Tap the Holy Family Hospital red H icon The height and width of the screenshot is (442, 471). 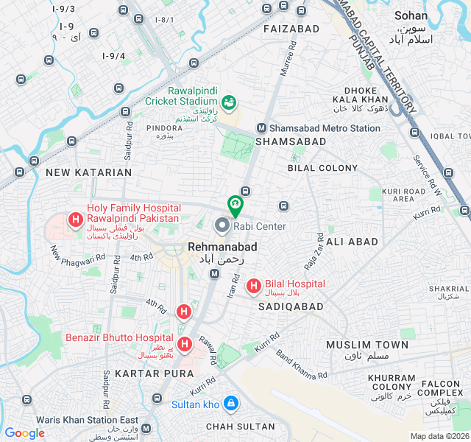coord(75,219)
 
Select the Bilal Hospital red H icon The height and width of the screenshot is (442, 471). coord(252,285)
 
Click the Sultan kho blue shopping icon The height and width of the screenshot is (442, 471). coord(231,404)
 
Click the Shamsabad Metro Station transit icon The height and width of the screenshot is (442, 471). coord(260,128)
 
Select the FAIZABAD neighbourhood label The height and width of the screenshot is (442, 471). coord(291,29)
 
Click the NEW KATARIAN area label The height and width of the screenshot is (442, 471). coord(88,172)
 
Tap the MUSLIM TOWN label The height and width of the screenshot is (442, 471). coord(367,345)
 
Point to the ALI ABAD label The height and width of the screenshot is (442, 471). coord(352,242)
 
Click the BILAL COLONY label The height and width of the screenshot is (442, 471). coord(322,168)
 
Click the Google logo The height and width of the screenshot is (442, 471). coord(24,433)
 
